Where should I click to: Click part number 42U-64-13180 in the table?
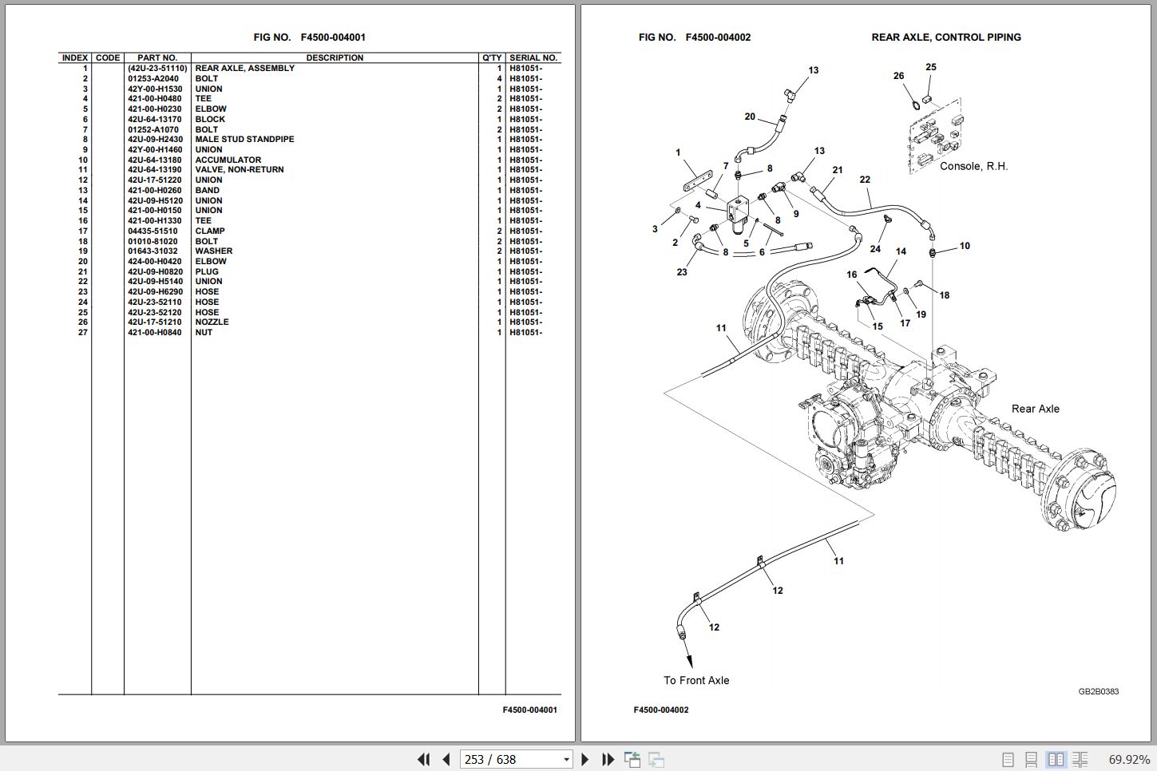154,160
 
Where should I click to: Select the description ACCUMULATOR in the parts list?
228,160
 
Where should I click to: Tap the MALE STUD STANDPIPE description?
244,140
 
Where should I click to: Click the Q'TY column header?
492,57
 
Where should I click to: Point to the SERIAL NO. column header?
533,57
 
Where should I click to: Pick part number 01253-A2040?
153,78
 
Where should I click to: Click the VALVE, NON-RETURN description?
240,169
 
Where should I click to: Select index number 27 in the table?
83,333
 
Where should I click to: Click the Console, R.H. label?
973,166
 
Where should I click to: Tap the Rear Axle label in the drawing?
1035,409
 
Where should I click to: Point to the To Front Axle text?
696,680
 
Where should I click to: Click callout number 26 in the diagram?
899,76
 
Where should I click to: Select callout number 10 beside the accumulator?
965,246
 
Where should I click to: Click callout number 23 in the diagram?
682,272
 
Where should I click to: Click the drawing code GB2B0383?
1098,691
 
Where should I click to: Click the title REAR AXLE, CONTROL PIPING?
946,38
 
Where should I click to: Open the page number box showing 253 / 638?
516,759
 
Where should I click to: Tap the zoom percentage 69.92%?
1129,760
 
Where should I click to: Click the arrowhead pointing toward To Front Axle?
690,661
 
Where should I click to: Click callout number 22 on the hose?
865,180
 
